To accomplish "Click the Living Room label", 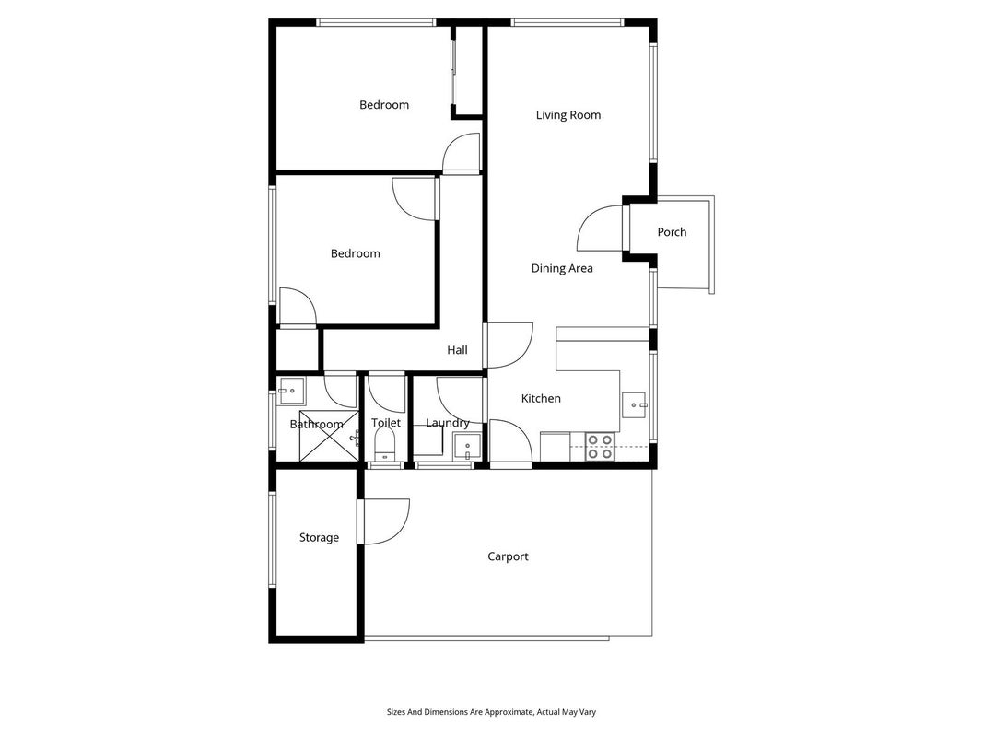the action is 568,114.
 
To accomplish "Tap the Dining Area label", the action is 562,268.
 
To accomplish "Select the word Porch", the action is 672,232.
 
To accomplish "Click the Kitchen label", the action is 541,398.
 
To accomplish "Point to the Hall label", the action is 457,350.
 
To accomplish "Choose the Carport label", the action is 508,556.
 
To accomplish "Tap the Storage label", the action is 319,538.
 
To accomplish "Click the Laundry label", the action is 448,423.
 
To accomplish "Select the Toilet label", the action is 385,423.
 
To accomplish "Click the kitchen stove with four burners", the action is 600,447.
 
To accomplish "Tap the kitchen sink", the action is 634,405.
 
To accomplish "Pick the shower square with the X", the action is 329,436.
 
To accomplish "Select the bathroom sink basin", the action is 291,391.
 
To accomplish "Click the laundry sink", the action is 467,447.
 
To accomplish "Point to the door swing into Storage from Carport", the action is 383,521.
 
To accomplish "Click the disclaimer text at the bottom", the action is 491,712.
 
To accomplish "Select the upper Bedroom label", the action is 383,105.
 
